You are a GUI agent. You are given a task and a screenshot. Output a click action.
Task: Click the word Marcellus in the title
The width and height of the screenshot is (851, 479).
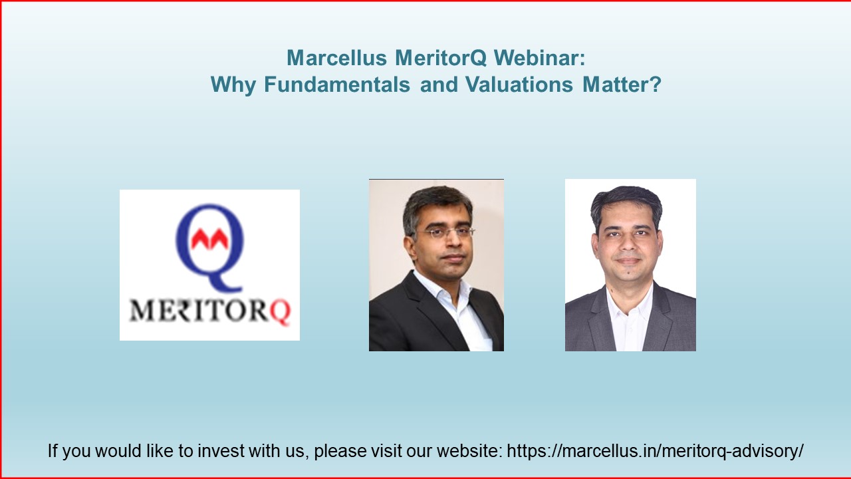(336, 58)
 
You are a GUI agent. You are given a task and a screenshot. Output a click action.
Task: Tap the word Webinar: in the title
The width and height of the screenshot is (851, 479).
(539, 58)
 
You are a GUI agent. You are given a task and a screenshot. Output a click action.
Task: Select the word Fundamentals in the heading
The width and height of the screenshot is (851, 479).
(337, 84)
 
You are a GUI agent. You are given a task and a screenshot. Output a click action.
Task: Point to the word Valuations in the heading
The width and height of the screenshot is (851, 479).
(519, 84)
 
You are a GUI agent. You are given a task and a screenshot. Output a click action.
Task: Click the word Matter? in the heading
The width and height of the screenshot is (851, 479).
(622, 84)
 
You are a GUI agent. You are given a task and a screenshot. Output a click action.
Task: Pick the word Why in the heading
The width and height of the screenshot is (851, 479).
(233, 85)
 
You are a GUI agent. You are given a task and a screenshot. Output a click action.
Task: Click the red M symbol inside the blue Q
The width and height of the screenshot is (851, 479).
(209, 239)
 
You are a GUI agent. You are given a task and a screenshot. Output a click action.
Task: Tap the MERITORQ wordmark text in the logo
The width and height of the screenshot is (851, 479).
(210, 311)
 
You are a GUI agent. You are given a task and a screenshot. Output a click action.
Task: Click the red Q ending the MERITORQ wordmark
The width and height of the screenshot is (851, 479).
(281, 313)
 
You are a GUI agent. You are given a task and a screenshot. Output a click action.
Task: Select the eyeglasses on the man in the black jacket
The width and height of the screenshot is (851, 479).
(445, 232)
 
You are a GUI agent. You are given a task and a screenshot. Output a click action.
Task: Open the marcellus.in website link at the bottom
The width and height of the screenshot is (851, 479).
(655, 451)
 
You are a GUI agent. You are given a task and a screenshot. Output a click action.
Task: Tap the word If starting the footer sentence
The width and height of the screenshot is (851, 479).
(53, 451)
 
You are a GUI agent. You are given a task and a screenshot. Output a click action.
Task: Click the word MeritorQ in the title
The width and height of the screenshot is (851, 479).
(441, 58)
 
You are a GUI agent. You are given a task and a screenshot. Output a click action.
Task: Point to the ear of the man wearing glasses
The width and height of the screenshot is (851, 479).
(410, 248)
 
